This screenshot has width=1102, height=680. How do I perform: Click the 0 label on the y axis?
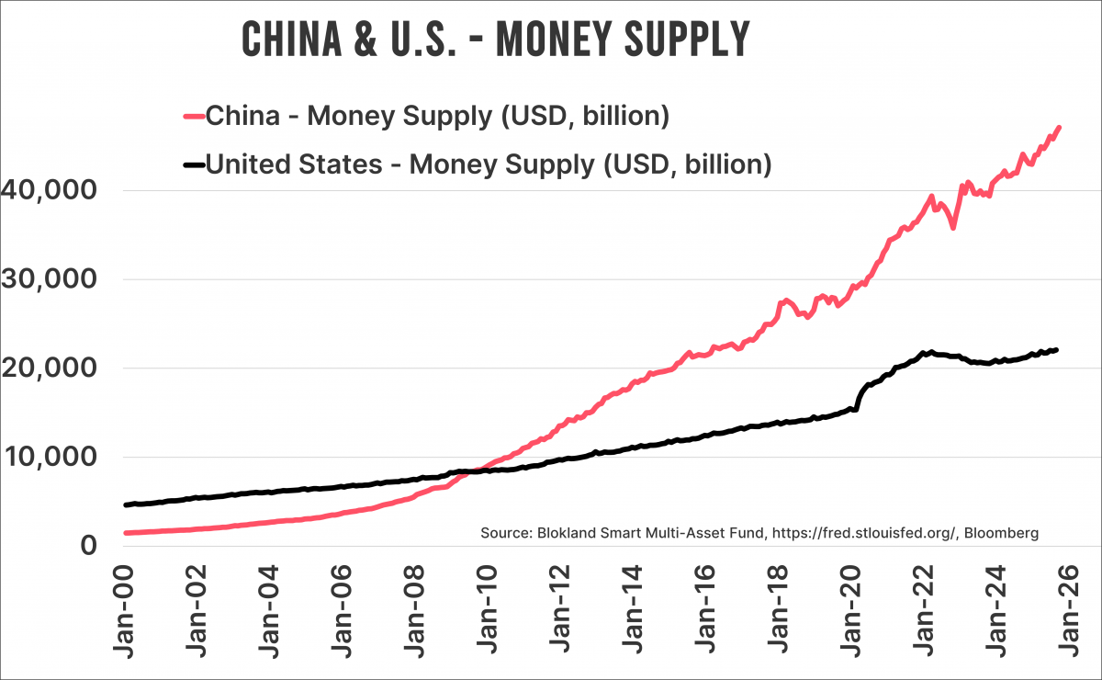tap(88, 545)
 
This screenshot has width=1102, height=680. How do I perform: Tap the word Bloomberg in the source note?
tap(1003, 533)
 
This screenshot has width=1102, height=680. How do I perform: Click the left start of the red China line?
tap(126, 533)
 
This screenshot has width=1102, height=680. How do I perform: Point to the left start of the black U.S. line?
tap(126, 504)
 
